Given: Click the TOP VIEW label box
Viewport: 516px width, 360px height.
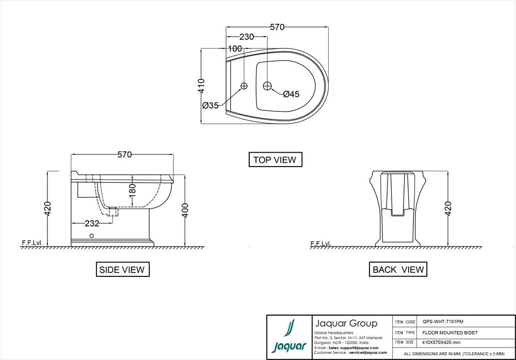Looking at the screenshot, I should [275, 160].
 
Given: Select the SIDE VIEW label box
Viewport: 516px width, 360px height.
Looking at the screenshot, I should [122, 269].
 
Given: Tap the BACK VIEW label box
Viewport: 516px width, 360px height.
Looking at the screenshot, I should [398, 269].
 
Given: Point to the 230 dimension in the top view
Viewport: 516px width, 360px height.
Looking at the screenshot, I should [247, 37].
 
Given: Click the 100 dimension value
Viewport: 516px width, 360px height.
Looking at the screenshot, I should [235, 48].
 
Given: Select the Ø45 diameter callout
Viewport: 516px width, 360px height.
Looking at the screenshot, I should [291, 94].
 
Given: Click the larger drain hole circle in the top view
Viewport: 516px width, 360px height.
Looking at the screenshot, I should [267, 85].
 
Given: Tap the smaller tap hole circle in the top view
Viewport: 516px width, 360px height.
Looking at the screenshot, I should [245, 86].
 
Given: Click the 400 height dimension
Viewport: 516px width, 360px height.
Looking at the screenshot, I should [185, 210].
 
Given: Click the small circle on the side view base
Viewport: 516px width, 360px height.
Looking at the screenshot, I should [91, 236].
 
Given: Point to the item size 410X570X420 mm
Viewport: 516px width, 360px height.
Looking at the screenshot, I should [442, 342].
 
